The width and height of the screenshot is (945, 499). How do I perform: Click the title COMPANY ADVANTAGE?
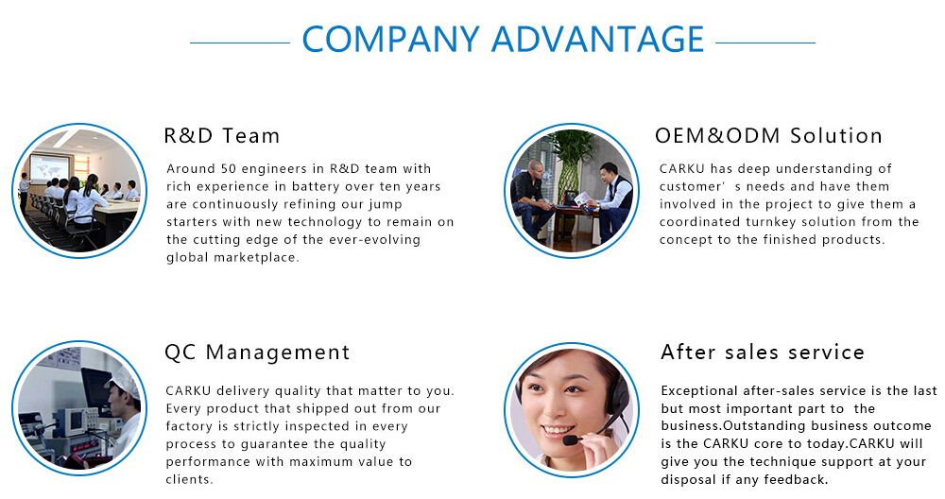pyautogui.click(x=503, y=39)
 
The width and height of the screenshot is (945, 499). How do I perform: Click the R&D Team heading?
pyautogui.click(x=222, y=135)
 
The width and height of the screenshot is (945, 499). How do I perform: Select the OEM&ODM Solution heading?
pyautogui.click(x=768, y=135)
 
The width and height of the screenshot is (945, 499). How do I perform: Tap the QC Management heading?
pyautogui.click(x=257, y=352)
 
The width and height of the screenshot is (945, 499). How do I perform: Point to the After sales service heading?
pyautogui.click(x=763, y=352)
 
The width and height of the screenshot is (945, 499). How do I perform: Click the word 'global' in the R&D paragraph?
pyautogui.click(x=180, y=257)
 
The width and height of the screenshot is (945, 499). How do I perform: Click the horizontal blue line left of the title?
pyautogui.click(x=240, y=43)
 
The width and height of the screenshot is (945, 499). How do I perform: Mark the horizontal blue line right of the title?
pyautogui.click(x=765, y=43)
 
